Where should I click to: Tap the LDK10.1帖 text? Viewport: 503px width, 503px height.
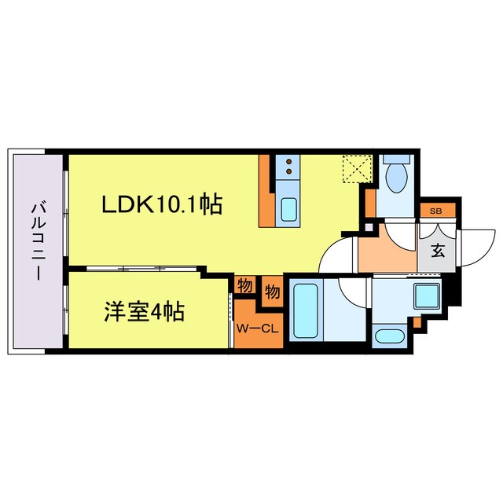(161, 205)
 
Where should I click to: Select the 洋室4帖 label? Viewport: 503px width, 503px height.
(145, 312)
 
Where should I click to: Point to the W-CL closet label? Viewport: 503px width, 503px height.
(257, 329)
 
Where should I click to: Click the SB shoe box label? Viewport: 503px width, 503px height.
(435, 211)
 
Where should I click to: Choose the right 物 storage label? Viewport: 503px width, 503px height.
(272, 292)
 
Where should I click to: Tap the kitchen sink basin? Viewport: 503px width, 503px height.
(288, 211)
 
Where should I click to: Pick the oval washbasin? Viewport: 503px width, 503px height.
(389, 338)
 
